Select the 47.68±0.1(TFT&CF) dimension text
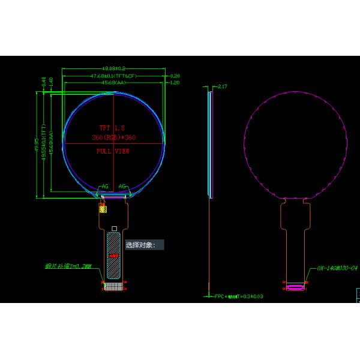click(114, 76)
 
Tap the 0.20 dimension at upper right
click(175, 76)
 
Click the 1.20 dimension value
click(175, 83)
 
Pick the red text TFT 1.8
click(113, 128)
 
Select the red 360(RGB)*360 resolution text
click(113, 138)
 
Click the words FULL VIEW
click(113, 151)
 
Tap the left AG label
click(105, 187)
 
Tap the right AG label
click(122, 187)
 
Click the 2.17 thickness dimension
click(223, 87)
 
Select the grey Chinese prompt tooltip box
click(144, 245)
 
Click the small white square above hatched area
click(114, 229)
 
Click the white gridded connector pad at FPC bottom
click(113, 287)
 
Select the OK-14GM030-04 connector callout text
click(338, 268)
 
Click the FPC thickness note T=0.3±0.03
click(239, 296)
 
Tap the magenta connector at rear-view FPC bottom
click(295, 287)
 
